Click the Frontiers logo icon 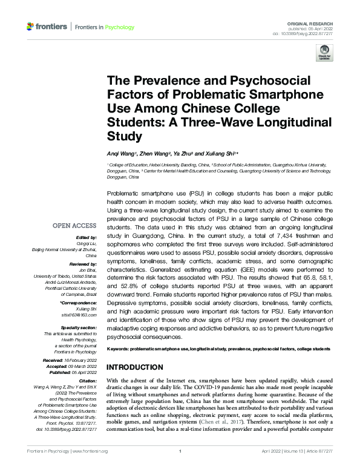click(x=31, y=27)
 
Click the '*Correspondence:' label click(x=77, y=302)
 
